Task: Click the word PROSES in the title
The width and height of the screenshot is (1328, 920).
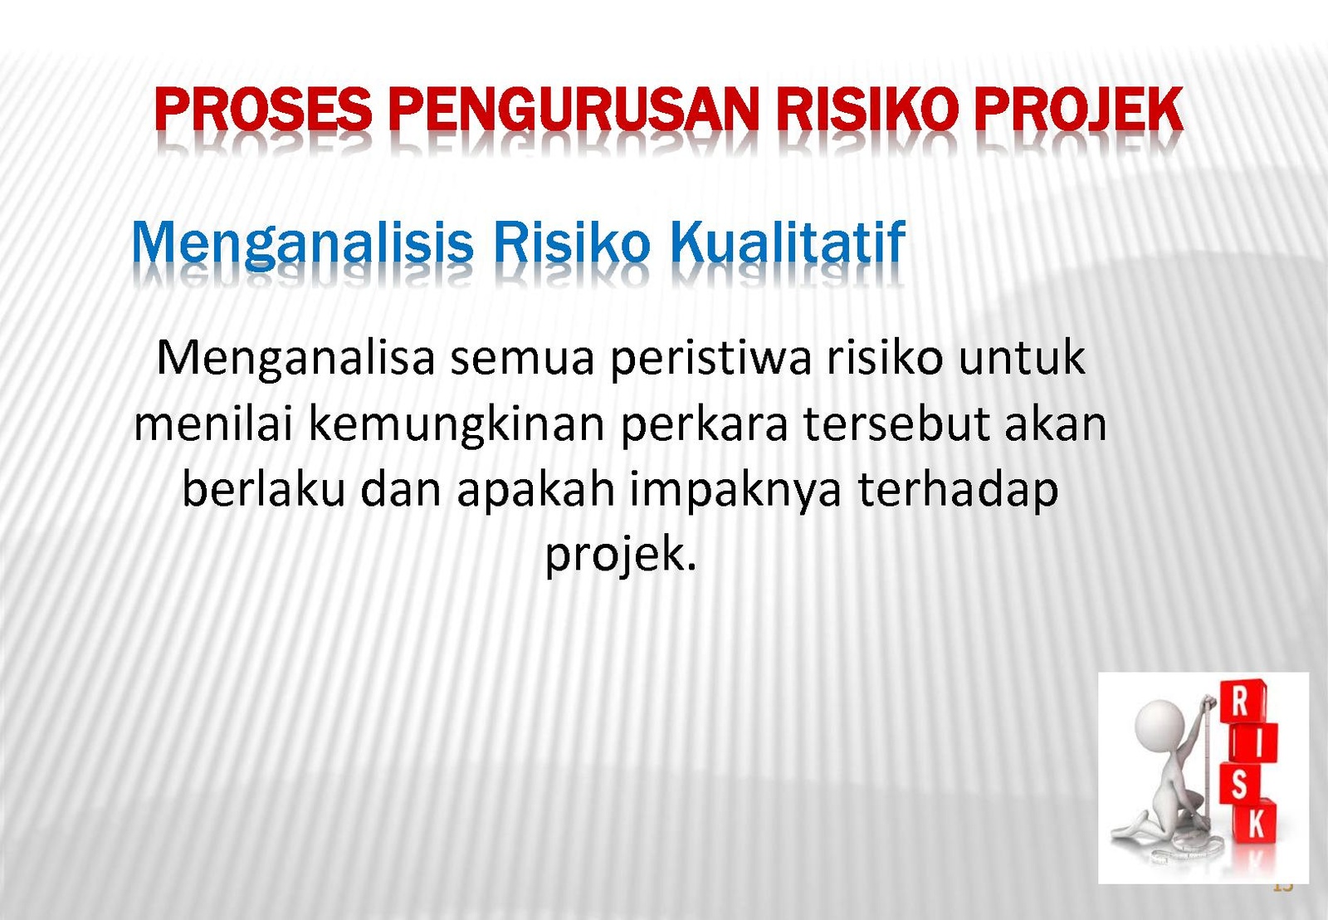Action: click(263, 109)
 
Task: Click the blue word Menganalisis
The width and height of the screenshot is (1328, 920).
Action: click(302, 244)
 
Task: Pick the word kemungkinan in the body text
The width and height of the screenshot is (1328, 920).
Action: click(456, 424)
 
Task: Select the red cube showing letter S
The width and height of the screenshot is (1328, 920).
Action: click(1240, 784)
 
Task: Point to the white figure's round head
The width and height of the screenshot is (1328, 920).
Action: click(1160, 727)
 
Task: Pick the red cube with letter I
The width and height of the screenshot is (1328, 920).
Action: click(1253, 744)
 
